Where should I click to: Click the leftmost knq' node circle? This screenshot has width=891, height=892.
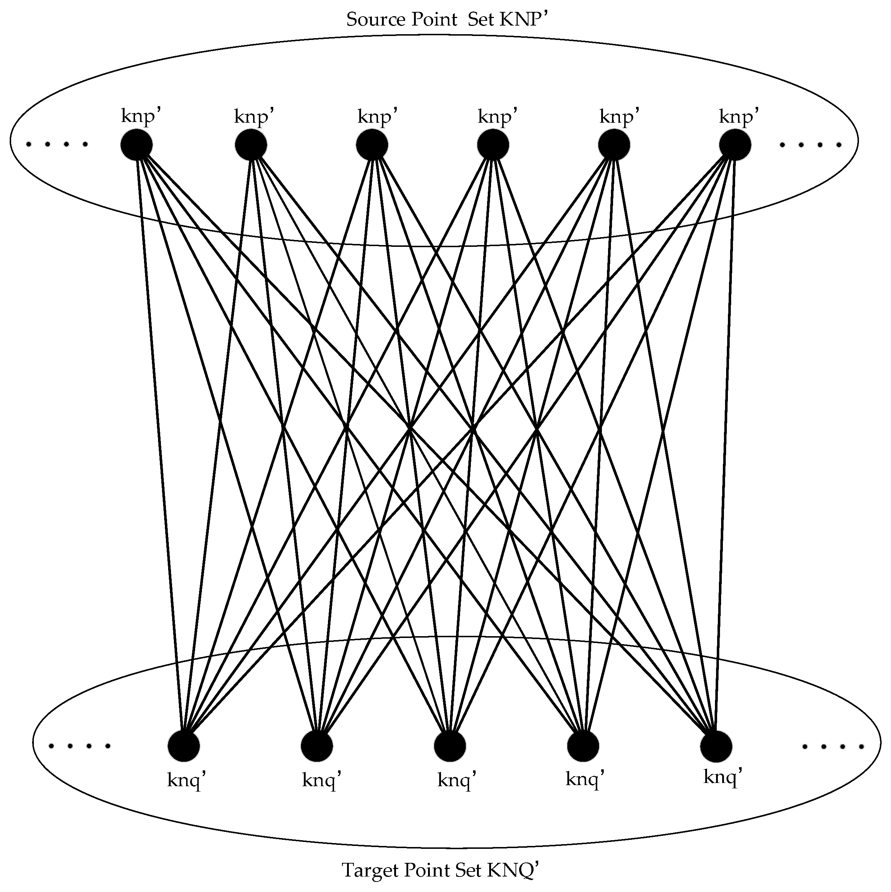point(184,747)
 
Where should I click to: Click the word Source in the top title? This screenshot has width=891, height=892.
point(375,20)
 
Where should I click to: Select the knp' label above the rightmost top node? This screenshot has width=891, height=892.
point(739,116)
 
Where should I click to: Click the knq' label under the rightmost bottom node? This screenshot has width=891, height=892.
point(723,778)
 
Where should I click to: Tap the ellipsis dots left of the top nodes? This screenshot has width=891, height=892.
point(57,145)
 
